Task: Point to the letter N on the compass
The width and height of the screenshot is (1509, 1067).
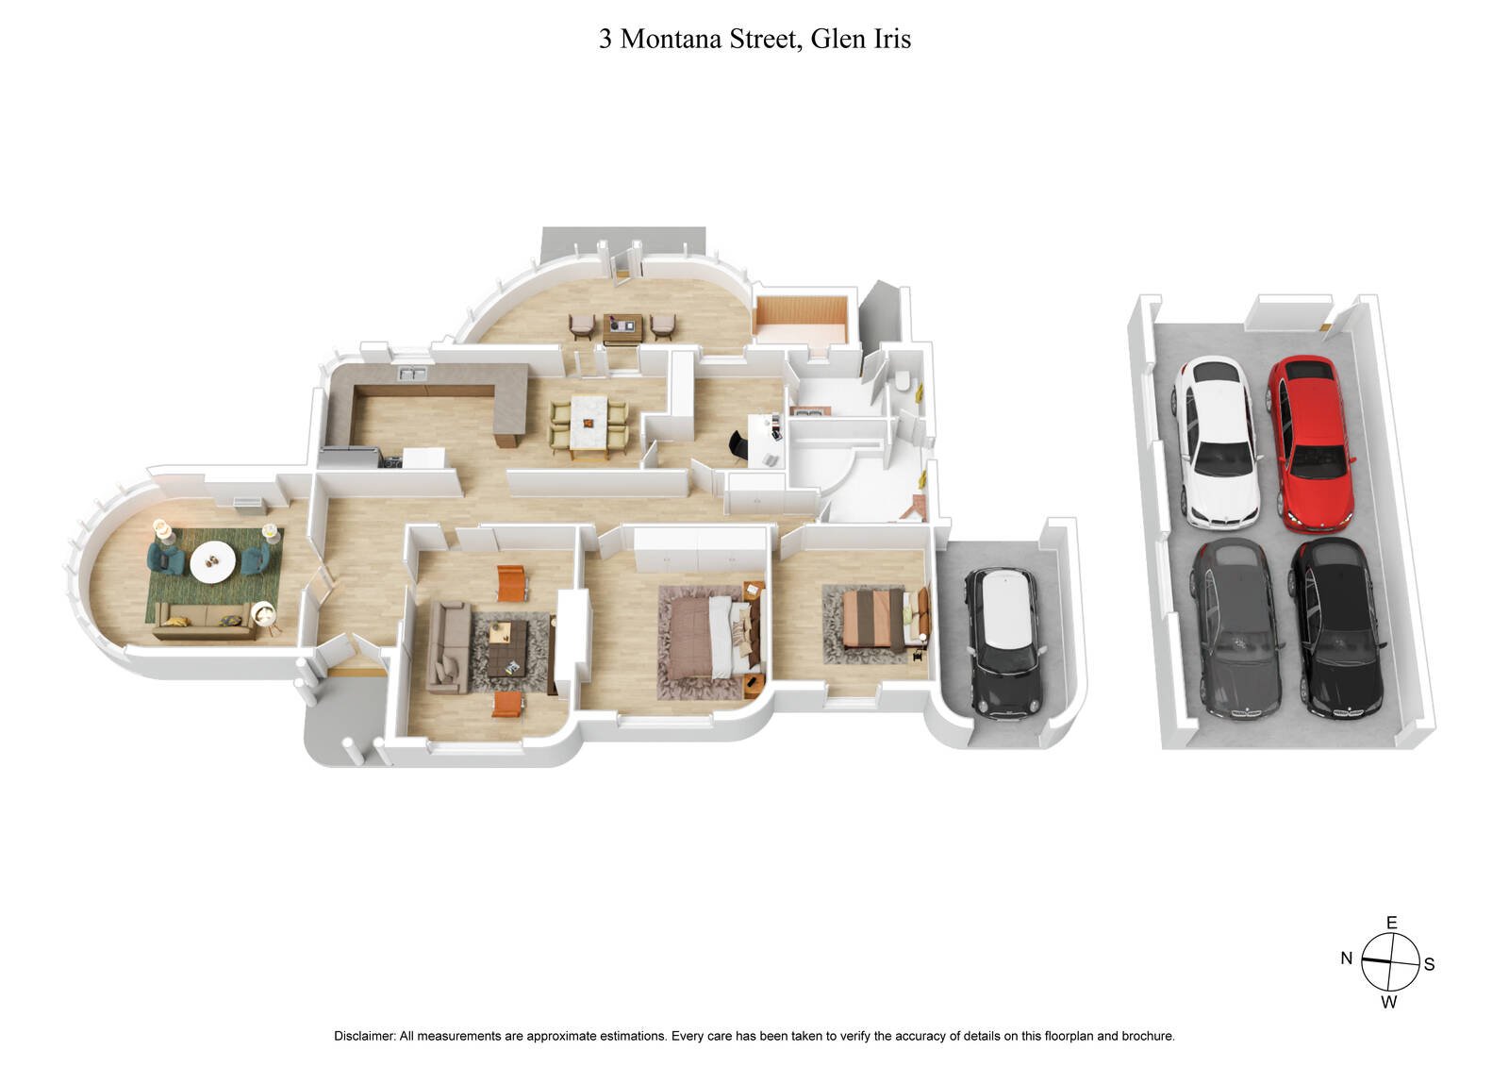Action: (x=1346, y=959)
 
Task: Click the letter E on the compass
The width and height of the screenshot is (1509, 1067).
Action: (x=1391, y=923)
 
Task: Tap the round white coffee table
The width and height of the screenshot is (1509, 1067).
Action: (x=212, y=563)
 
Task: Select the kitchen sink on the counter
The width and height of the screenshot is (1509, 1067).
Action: (x=412, y=375)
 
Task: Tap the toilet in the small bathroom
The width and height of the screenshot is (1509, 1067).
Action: (x=904, y=381)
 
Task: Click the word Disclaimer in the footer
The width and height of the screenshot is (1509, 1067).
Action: (x=363, y=1036)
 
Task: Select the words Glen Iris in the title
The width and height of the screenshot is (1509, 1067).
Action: (x=868, y=39)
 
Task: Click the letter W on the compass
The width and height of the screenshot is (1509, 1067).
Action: (x=1389, y=1002)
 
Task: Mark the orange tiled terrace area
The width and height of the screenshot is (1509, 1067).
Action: (x=802, y=321)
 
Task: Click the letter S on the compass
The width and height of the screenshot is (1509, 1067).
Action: (x=1429, y=964)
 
